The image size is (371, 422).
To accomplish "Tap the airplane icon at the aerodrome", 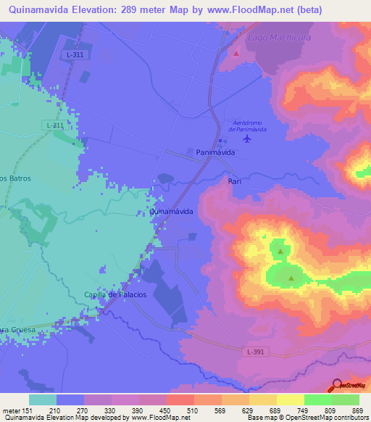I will tap(248, 138).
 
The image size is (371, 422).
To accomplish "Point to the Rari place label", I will tap(234, 181).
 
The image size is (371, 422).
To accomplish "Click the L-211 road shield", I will tap(55, 125).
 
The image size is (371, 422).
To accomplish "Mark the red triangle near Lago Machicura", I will tap(236, 53).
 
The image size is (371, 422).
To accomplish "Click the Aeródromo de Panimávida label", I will tap(247, 125).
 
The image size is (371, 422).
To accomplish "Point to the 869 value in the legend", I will tap(355, 411).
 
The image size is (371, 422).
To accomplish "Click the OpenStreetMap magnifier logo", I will tap(335, 385).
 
